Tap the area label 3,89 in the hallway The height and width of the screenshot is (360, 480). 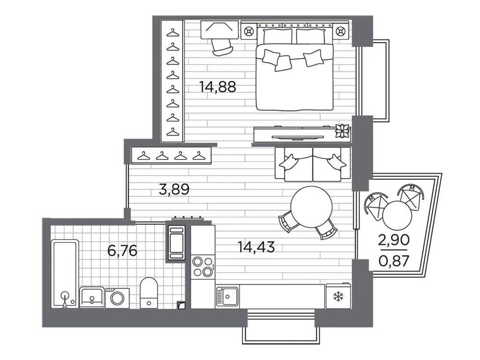coord(174,190)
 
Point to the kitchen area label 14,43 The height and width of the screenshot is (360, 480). coord(256,247)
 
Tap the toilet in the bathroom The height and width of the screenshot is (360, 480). coord(149,291)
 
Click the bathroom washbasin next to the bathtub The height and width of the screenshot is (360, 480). coord(91,297)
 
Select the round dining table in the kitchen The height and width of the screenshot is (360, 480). coord(312,205)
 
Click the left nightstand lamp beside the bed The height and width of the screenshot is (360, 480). coord(249,32)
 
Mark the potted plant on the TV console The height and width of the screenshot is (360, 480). coord(343,130)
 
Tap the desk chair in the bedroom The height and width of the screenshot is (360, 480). coord(221,46)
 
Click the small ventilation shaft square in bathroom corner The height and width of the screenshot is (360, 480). coord(180,304)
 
